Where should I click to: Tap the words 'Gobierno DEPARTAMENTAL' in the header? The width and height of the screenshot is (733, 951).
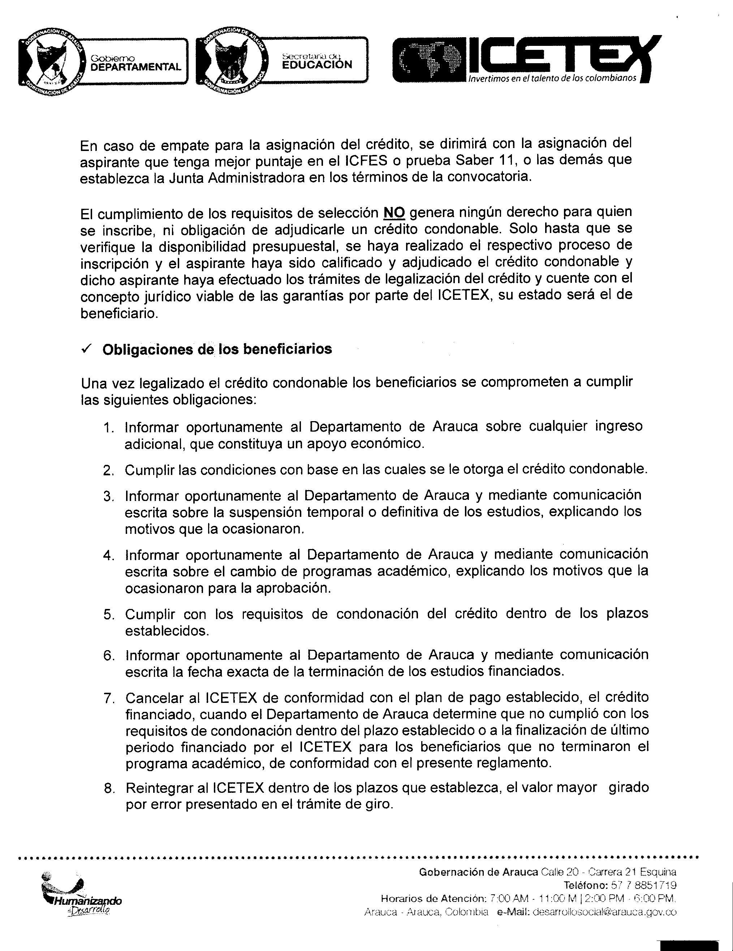(x=135, y=63)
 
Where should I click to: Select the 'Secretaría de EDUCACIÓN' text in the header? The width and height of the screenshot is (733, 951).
(x=316, y=61)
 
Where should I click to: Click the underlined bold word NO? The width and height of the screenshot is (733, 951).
(x=394, y=212)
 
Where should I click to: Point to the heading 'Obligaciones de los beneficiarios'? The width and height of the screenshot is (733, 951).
(x=217, y=349)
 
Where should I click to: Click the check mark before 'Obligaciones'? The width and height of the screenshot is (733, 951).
(x=86, y=349)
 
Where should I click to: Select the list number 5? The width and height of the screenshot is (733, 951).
(x=108, y=615)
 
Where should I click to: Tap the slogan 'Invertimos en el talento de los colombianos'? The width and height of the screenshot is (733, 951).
(x=552, y=78)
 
